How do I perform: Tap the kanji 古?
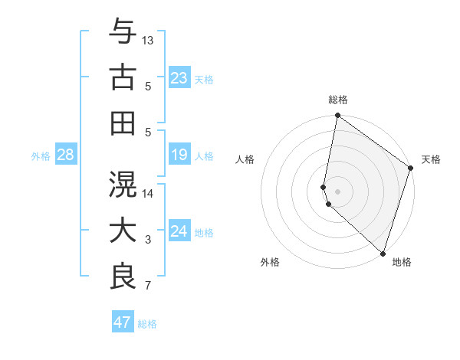click(x=123, y=78)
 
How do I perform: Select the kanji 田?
click(x=123, y=123)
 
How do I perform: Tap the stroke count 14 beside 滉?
click(x=148, y=193)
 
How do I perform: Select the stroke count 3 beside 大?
click(x=148, y=241)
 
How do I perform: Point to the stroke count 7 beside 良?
click(x=148, y=286)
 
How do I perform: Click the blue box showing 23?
click(x=179, y=77)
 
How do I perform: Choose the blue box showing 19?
click(x=179, y=155)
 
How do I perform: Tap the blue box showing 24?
click(x=179, y=231)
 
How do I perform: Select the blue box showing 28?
click(x=66, y=155)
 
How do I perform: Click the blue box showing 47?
click(x=123, y=322)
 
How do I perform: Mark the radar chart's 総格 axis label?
click(x=338, y=100)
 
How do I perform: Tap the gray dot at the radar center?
click(x=338, y=191)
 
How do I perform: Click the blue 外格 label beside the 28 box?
click(x=41, y=155)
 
